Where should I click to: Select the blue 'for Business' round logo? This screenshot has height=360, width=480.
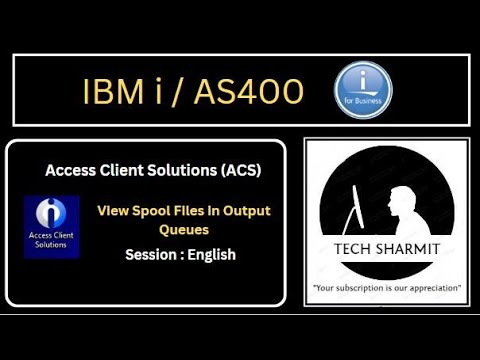pos(362,88)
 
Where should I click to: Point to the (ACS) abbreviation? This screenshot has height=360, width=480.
pos(237,170)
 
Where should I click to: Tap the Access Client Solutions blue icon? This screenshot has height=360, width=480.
pos(51,227)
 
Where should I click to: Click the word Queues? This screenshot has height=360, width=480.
pos(183,228)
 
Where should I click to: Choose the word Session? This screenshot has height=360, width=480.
pos(153,254)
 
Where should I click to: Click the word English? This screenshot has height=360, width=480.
pos(212,254)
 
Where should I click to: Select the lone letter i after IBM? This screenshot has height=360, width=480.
pos(159,92)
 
